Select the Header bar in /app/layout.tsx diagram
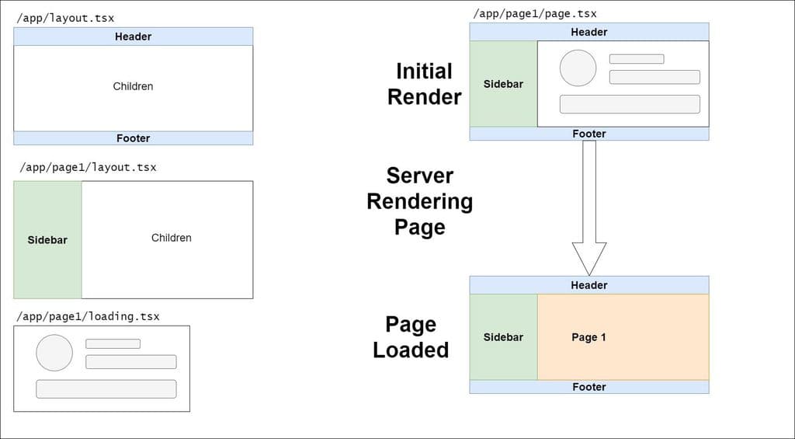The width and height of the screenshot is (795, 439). click(x=133, y=37)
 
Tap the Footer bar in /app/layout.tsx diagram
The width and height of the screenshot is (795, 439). click(x=133, y=138)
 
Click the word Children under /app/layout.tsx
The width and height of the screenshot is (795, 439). click(x=133, y=86)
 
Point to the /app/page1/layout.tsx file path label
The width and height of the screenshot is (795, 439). click(x=85, y=167)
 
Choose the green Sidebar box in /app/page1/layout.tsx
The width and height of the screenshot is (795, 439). click(x=47, y=240)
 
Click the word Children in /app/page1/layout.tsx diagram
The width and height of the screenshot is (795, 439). click(x=171, y=238)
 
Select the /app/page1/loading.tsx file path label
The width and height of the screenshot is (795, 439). click(x=89, y=316)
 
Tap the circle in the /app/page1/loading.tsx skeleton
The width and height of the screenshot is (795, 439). click(x=54, y=353)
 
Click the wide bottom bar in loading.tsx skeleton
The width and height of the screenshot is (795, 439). click(x=106, y=388)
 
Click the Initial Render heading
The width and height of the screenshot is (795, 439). click(x=424, y=84)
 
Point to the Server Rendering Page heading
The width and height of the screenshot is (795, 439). click(x=419, y=201)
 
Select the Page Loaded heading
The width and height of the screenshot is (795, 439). click(x=411, y=337)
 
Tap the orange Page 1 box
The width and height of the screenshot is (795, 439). click(x=623, y=337)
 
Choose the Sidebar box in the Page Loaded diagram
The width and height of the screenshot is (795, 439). click(x=503, y=337)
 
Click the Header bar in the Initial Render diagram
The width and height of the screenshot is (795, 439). click(x=588, y=32)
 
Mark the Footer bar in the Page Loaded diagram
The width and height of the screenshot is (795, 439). click(x=588, y=387)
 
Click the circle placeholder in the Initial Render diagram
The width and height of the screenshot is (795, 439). click(x=578, y=68)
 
